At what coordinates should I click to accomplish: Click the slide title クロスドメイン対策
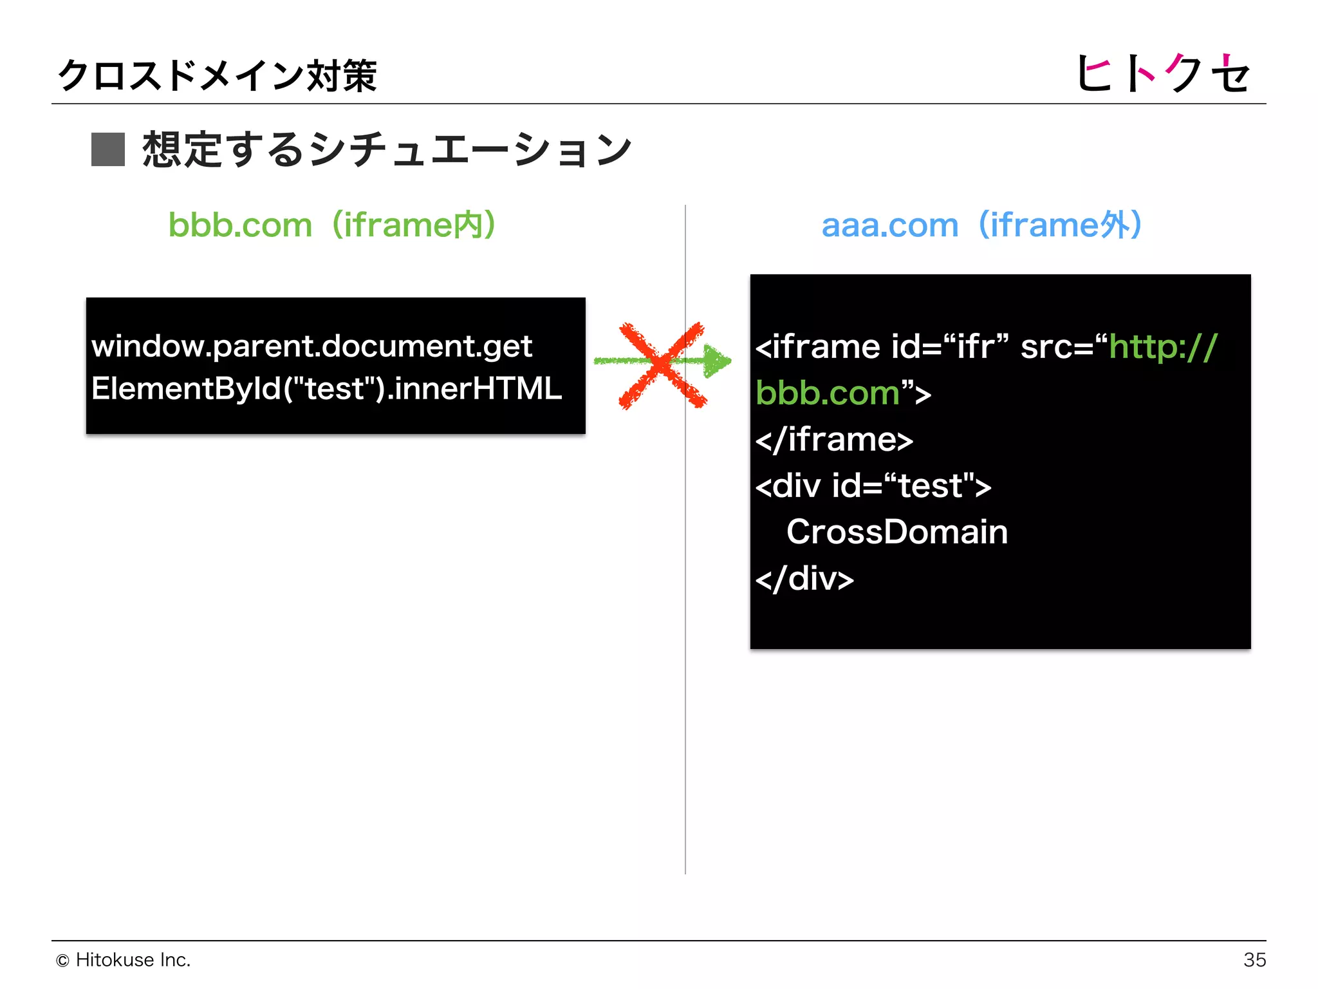[x=217, y=75]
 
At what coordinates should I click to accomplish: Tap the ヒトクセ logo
[x=1162, y=73]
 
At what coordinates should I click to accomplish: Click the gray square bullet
[x=107, y=149]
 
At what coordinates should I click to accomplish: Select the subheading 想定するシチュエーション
[x=386, y=149]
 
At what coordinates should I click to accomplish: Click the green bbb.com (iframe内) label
[x=331, y=225]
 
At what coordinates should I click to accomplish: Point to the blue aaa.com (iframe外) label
[x=981, y=225]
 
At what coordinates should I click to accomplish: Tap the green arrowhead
[x=717, y=361]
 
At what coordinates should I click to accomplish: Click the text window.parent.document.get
[x=311, y=346]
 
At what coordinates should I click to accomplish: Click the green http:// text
[x=1163, y=347]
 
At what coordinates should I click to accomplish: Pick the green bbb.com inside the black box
[x=827, y=393]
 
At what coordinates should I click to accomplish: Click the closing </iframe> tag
[x=834, y=440]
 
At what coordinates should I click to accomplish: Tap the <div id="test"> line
[x=873, y=486]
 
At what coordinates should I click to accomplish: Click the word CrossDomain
[x=897, y=532]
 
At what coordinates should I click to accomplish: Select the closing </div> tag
[x=804, y=579]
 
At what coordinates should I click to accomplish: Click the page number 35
[x=1254, y=959]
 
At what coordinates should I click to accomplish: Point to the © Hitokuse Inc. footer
[x=124, y=959]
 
